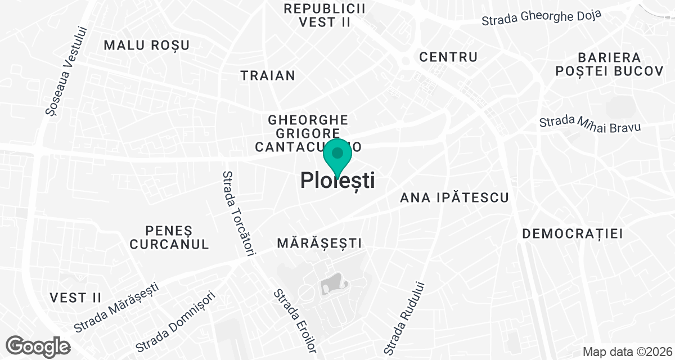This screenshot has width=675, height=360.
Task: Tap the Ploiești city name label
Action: (x=337, y=181)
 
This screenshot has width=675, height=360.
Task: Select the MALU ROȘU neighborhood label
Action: (x=147, y=46)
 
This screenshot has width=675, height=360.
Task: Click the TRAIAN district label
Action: (x=268, y=75)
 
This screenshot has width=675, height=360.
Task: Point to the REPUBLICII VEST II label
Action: (x=325, y=15)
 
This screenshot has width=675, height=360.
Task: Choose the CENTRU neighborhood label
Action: (x=448, y=57)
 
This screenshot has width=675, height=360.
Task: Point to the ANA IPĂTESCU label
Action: (x=454, y=197)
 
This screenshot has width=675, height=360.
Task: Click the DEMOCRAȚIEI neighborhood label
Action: (x=573, y=234)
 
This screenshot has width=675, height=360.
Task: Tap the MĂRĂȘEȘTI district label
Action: (x=319, y=243)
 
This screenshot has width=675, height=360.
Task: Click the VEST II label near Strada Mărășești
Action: (x=75, y=298)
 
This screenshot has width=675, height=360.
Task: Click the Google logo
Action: (x=39, y=346)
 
